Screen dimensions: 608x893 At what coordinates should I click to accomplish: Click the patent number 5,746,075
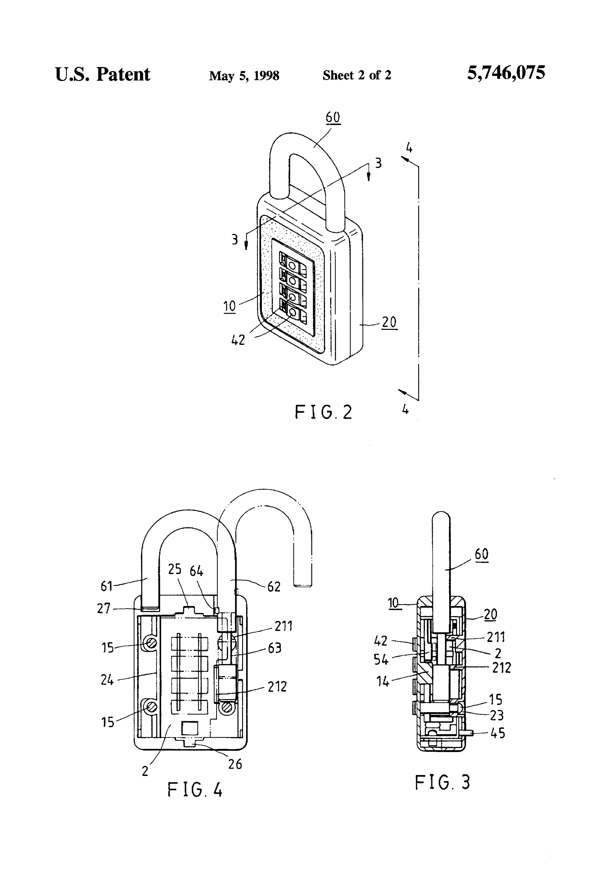(x=506, y=73)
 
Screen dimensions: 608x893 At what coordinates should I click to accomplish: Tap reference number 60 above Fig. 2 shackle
(x=333, y=117)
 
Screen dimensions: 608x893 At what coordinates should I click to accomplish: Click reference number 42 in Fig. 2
(x=238, y=340)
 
